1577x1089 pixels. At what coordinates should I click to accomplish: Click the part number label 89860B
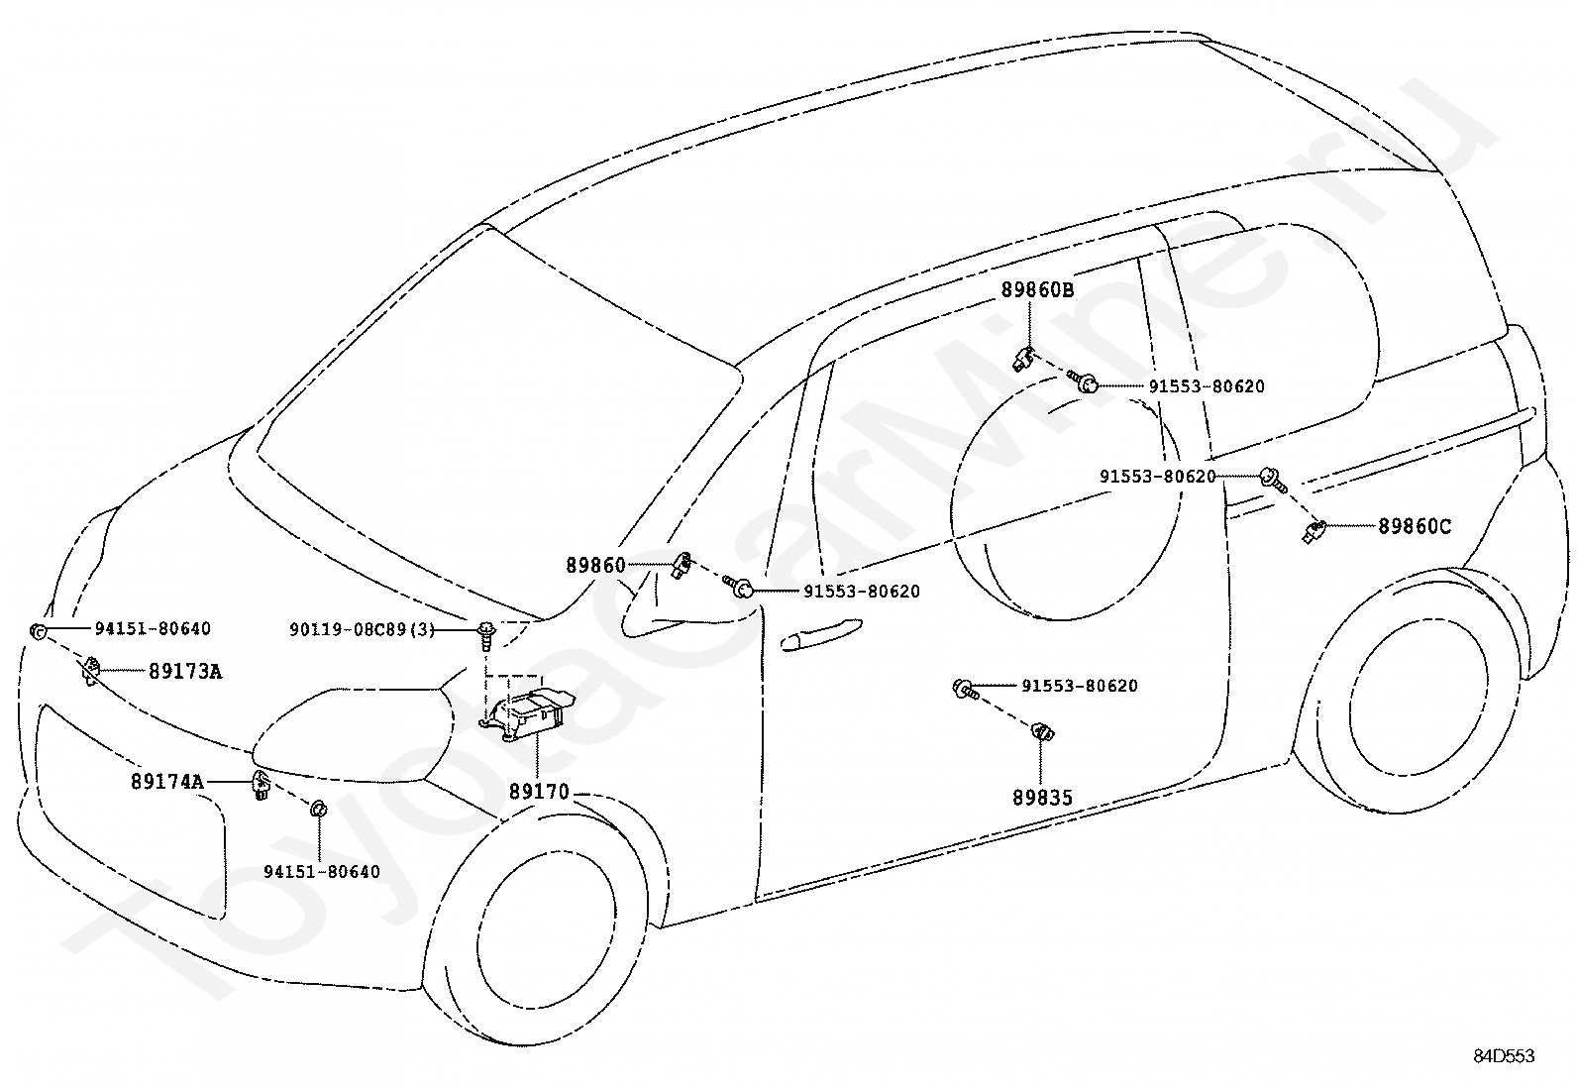(x=1038, y=289)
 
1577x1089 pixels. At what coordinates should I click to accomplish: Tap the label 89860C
(x=1415, y=526)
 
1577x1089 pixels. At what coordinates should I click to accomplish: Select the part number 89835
(x=1042, y=798)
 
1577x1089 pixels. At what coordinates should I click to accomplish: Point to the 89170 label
(x=539, y=792)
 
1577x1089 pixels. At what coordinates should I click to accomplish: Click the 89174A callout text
(x=166, y=781)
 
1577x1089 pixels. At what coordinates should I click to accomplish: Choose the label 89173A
(x=185, y=671)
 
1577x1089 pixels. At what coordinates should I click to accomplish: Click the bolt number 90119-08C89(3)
(x=363, y=629)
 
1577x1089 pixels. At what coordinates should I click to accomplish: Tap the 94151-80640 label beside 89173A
(x=153, y=628)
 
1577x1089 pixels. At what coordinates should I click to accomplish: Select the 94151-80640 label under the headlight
(x=322, y=871)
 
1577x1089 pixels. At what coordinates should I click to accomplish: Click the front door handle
(x=820, y=634)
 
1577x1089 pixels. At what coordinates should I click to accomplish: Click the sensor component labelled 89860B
(x=1023, y=359)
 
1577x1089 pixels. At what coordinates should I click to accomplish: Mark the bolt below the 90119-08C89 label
(x=485, y=633)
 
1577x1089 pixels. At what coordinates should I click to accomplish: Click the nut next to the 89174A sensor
(x=318, y=809)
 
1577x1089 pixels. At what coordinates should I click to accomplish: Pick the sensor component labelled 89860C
(x=1314, y=531)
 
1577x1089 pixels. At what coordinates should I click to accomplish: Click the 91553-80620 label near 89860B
(x=1207, y=386)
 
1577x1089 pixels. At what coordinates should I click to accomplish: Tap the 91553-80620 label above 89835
(x=1080, y=686)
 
